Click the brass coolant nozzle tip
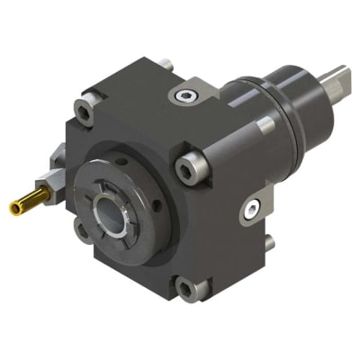pos(15,210)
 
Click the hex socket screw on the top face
pos(186,95)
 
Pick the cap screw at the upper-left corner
pos(85,112)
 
